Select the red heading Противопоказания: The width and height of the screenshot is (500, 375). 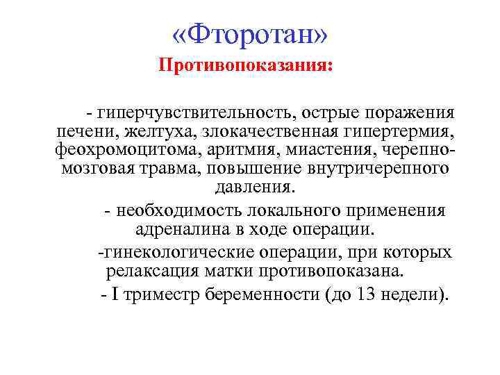[x=246, y=66]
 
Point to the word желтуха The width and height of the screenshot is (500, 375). [x=137, y=131]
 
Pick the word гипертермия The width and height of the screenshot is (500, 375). [x=395, y=131]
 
